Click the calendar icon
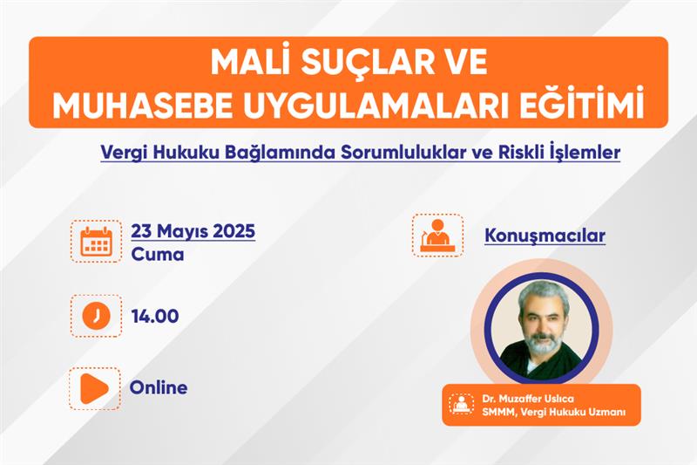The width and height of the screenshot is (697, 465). click(96, 241)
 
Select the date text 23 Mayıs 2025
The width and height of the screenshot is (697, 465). click(193, 231)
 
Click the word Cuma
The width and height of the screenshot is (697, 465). click(158, 255)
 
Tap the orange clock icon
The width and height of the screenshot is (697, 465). click(96, 316)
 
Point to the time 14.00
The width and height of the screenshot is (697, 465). click(155, 316)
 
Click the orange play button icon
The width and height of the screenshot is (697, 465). click(94, 388)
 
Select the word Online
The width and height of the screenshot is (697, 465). click(159, 387)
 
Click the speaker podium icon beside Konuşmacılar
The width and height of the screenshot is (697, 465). click(437, 236)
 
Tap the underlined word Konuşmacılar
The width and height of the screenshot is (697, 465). click(545, 236)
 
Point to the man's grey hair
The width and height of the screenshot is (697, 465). click(543, 295)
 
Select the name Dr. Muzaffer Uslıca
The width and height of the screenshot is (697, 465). click(528, 398)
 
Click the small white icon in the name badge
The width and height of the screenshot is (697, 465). click(462, 404)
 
